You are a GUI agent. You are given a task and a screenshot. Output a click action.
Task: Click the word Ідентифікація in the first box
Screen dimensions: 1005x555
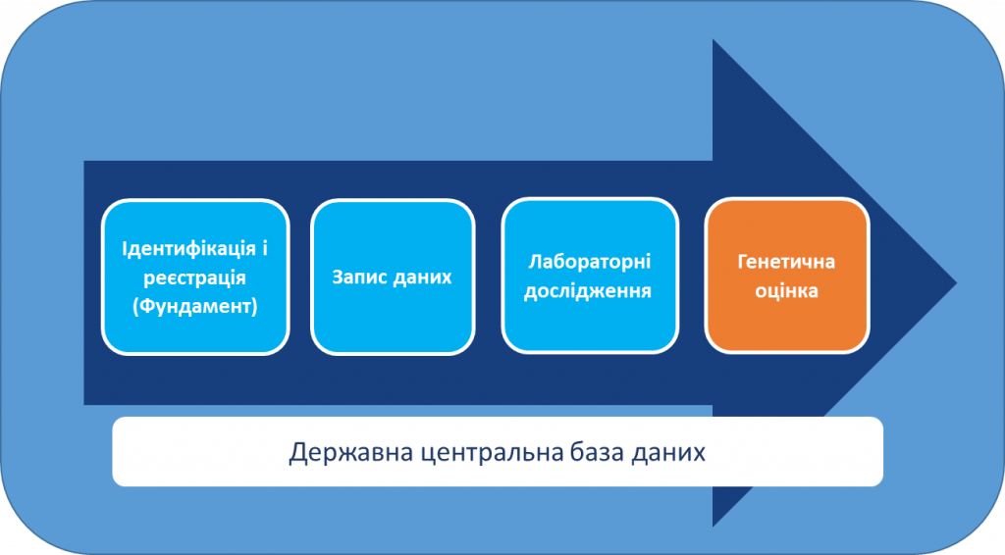coord(189,248)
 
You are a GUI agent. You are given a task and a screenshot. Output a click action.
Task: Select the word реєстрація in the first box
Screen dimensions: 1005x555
coord(195,277)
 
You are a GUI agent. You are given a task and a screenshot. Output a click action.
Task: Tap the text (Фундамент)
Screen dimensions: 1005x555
coord(195,307)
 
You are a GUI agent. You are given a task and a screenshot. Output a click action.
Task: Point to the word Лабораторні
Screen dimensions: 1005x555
coord(590,262)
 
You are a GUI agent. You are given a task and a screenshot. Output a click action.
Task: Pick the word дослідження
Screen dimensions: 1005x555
coord(588,291)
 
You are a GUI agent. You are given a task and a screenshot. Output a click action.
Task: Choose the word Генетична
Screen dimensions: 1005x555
coord(786,262)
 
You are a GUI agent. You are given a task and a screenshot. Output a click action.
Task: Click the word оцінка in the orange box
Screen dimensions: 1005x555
coord(786,291)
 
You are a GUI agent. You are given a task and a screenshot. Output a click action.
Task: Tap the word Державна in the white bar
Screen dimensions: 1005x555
coord(351,452)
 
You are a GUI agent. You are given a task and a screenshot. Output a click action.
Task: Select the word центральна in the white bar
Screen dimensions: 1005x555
coord(494,453)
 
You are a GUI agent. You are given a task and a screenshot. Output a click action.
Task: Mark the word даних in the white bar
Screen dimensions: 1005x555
coord(668,453)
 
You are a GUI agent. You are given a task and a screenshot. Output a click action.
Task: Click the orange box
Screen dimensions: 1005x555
coord(787,276)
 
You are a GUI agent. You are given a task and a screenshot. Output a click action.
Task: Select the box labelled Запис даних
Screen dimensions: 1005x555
coord(393,277)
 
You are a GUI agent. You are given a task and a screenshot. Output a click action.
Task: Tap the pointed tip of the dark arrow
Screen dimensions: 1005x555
coord(956,282)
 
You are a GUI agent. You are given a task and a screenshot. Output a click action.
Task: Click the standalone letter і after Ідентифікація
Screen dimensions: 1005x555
coord(264,248)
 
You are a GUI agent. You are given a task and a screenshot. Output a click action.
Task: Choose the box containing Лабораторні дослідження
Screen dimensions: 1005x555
coord(590,276)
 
